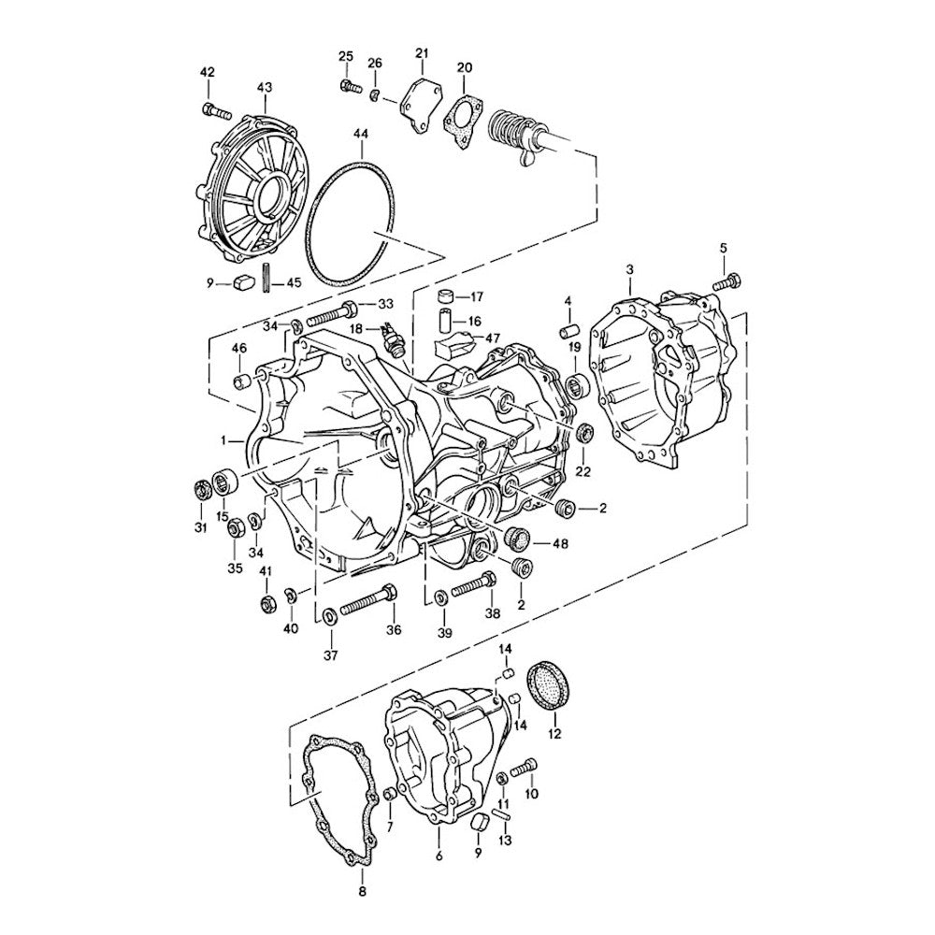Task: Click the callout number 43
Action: coord(265,88)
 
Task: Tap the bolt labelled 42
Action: coord(217,111)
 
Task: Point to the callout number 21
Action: coord(422,53)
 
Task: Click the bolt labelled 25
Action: coord(351,86)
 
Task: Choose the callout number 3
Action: coord(629,270)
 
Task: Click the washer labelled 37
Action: coord(328,615)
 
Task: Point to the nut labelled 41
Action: coord(266,603)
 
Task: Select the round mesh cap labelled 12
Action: coord(549,685)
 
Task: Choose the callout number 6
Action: coord(439,856)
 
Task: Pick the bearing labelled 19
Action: coord(577,384)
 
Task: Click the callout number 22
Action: coord(583,471)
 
